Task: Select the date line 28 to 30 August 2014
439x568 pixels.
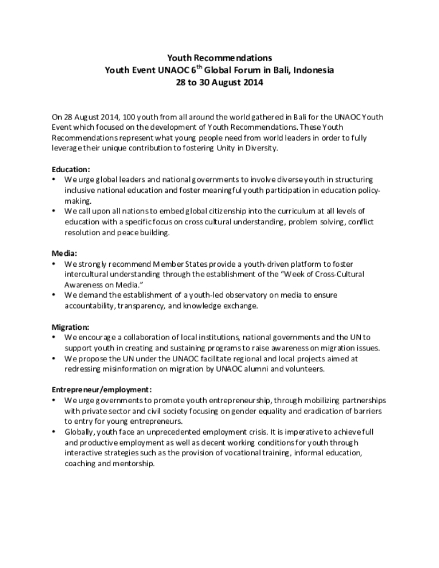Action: [219, 82]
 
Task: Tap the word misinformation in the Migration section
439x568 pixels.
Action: [135, 369]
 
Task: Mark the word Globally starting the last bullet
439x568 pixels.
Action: [80, 432]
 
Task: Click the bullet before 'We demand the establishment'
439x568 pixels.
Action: [54, 295]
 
